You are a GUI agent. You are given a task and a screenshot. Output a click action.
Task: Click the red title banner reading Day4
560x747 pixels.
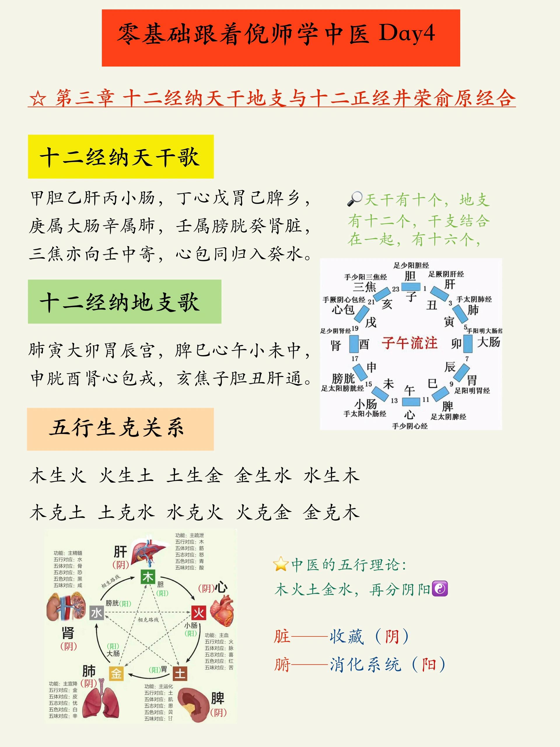tap(281, 38)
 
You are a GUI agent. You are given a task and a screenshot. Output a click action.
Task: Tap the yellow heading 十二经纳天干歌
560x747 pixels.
tap(120, 156)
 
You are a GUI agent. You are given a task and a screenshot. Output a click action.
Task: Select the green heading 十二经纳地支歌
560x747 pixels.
tap(125, 301)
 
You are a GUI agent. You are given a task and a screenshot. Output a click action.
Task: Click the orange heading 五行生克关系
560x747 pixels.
tap(120, 429)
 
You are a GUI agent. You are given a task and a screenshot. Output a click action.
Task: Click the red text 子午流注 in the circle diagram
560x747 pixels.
tap(409, 343)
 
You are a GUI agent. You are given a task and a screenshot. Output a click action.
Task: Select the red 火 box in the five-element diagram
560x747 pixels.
tap(199, 612)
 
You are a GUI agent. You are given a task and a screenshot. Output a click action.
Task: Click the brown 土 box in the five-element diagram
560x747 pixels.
tap(180, 674)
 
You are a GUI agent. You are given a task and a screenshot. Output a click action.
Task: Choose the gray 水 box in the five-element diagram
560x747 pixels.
tap(97, 612)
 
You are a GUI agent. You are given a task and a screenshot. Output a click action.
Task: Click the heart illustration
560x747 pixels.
tap(221, 611)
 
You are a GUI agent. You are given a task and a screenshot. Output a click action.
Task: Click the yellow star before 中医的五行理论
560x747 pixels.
tap(281, 564)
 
